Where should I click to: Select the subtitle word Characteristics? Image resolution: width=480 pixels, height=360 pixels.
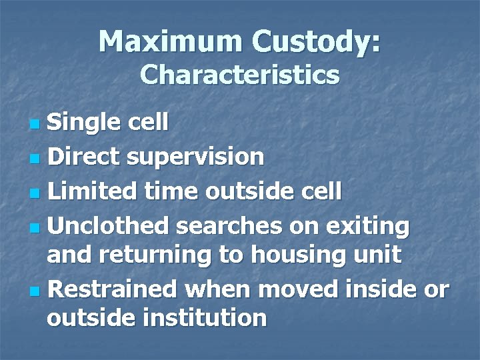click(240, 75)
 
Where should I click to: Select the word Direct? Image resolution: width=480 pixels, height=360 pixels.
click(85, 157)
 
